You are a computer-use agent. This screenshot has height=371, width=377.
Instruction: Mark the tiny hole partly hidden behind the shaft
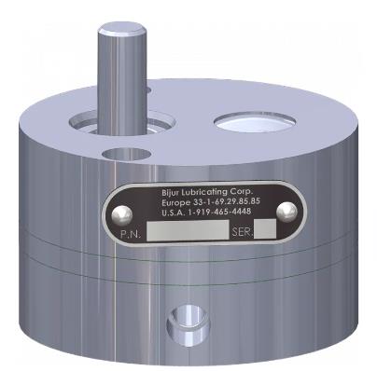145,91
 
